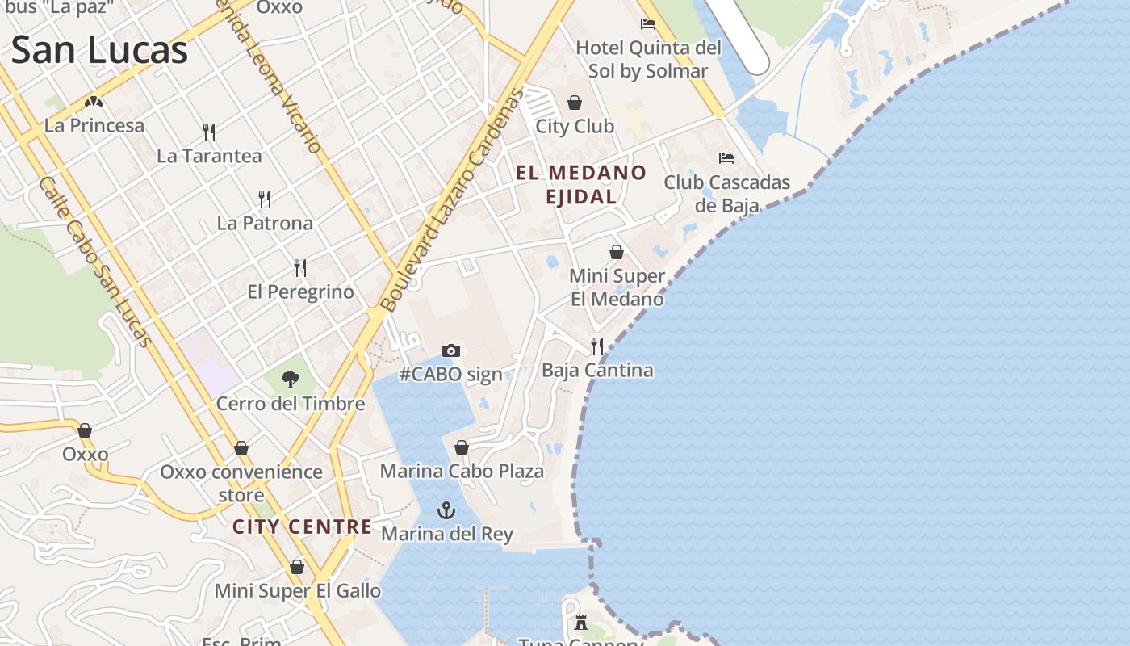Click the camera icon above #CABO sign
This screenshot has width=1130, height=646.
(x=451, y=350)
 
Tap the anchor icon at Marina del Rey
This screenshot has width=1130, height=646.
(x=446, y=510)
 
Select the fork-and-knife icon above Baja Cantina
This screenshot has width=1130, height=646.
(x=597, y=346)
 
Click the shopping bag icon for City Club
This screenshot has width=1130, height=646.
(x=575, y=103)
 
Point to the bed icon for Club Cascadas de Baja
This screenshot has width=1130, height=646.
(x=726, y=158)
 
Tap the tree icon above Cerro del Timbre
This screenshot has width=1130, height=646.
(x=291, y=379)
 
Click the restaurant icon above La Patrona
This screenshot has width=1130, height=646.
(x=264, y=199)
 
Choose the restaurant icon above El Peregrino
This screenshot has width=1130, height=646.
(x=300, y=267)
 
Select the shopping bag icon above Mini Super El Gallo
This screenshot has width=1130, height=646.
(x=297, y=567)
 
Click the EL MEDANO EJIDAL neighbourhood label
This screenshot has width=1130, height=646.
(x=581, y=184)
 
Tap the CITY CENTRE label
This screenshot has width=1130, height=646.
(x=303, y=527)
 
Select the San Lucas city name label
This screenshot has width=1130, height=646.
(x=99, y=50)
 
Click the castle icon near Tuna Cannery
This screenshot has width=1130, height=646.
(x=581, y=622)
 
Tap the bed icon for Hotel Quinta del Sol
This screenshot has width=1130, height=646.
(x=647, y=24)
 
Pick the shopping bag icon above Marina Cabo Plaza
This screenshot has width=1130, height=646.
(x=462, y=447)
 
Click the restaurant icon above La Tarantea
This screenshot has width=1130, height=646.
(x=209, y=132)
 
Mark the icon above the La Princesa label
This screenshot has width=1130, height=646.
(x=94, y=103)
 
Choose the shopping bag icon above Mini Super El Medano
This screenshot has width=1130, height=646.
(x=617, y=252)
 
